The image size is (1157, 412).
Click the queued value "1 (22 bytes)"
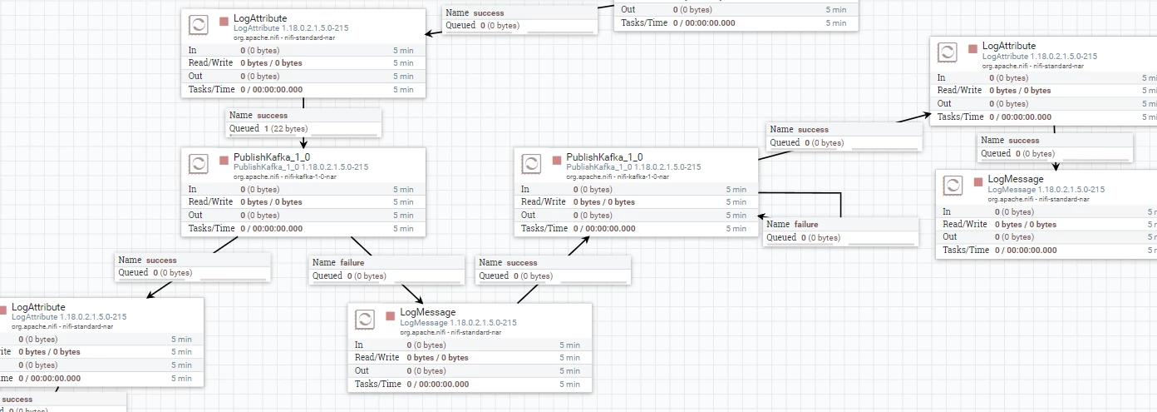coord(286,129)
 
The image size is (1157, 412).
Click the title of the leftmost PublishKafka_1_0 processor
coord(272,157)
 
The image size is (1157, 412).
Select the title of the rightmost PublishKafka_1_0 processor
coord(604,157)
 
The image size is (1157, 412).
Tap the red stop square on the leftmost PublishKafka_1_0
coord(224,161)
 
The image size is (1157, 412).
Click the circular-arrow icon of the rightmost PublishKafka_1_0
coord(531,164)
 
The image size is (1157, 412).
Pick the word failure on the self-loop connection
coord(805,225)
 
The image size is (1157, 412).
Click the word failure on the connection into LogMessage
coord(352,263)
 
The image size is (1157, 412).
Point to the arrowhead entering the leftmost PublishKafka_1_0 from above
coord(303,143)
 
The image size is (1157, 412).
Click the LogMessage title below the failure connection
coord(428,312)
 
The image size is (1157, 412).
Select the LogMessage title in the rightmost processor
coord(1016,179)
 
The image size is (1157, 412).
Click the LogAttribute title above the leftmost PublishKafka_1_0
coord(260,18)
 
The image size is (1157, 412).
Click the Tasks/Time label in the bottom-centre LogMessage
coord(377,384)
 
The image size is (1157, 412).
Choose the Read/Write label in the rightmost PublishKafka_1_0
coord(543,201)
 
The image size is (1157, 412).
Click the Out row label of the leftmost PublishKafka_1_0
coord(195,215)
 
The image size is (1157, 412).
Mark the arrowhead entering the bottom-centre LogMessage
coord(419,300)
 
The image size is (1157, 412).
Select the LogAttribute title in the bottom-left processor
coord(38,307)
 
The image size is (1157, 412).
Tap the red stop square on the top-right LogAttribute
coord(972,49)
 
